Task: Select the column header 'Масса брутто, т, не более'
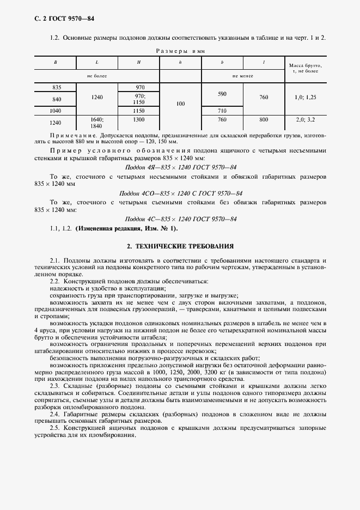[x=306, y=68]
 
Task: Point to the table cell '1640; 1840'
[x=97, y=122]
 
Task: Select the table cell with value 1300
[x=138, y=119]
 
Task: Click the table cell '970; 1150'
[x=138, y=99]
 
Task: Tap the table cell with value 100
[x=180, y=102]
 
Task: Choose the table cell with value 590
[x=222, y=94]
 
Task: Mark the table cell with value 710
[x=222, y=111]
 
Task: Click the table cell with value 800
[x=264, y=119]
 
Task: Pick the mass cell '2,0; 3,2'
[x=306, y=119]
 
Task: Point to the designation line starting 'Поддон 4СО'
[x=180, y=193]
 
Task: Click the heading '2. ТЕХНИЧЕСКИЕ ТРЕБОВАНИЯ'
[x=180, y=246]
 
